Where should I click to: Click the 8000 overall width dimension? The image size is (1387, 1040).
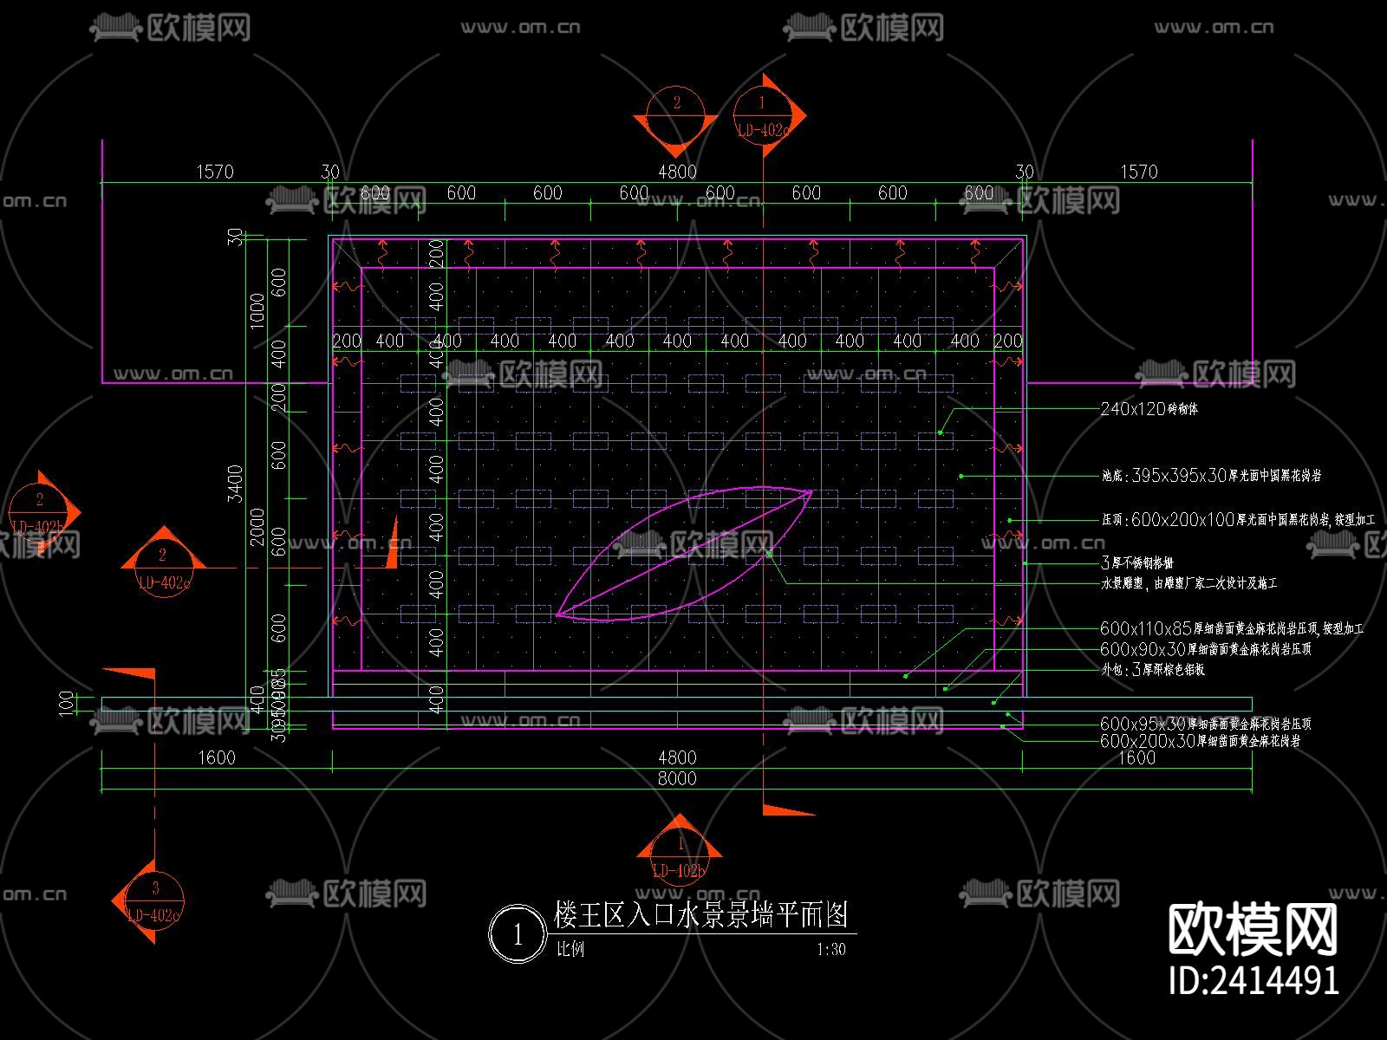coord(677,778)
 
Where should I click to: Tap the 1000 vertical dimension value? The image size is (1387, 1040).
coord(257,310)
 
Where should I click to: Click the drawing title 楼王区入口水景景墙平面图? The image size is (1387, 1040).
coord(700,914)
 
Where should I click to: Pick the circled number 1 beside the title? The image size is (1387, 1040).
coord(518,935)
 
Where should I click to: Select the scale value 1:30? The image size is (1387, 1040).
coord(830,950)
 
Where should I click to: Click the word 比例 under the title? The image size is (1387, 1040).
coord(570,950)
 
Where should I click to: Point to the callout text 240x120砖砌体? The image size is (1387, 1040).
coord(1149,409)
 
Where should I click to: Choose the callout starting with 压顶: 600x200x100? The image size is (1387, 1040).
coord(1238,520)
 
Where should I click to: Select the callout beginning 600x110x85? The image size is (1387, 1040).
coord(1231,628)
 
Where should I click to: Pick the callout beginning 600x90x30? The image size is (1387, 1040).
coord(1205,649)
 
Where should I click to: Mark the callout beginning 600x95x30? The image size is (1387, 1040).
coord(1205,724)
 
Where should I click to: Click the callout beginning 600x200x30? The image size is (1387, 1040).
coord(1200,742)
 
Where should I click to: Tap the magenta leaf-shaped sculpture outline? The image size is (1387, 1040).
coord(685,555)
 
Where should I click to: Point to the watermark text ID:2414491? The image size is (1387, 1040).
coord(1254,980)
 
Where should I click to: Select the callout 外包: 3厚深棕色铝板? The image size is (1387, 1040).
coord(1152,670)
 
